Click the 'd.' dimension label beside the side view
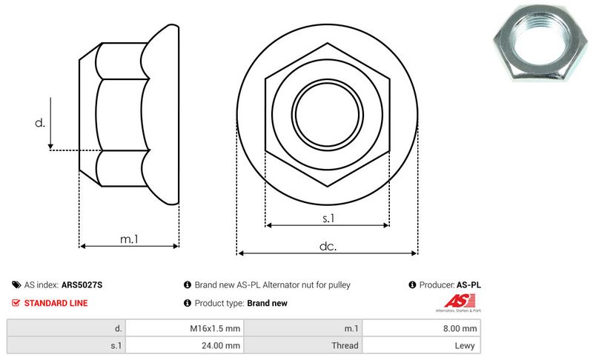[x=40, y=123]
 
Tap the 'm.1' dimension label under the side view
[x=129, y=239]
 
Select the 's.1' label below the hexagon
[x=328, y=218]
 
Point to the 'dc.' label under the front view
[x=328, y=246]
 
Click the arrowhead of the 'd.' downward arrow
[x=50, y=147]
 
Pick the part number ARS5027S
[x=82, y=285]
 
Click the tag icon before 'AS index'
[x=16, y=285]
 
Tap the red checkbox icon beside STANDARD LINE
[x=16, y=303]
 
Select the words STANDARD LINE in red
[x=56, y=303]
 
